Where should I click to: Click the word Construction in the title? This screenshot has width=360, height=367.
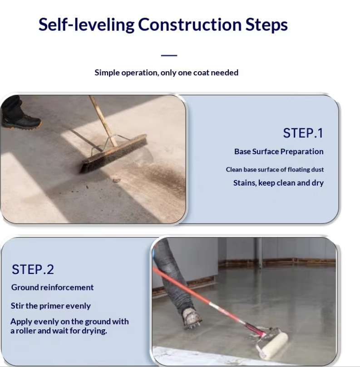[x=190, y=24]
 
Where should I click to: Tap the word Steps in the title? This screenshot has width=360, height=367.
[x=266, y=25]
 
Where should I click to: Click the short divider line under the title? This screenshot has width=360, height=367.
[x=169, y=55]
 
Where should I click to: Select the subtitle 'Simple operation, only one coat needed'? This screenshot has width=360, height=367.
[x=166, y=73]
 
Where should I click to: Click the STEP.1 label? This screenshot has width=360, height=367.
[x=303, y=133]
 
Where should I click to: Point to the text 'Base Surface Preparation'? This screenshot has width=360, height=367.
[x=279, y=152]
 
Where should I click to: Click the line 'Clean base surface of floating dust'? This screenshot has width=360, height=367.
[x=275, y=169]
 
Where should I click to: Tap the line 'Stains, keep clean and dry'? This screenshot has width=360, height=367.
[x=278, y=183]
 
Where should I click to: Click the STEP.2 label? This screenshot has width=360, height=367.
[x=33, y=269]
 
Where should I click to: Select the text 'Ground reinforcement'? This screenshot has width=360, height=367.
[x=52, y=287]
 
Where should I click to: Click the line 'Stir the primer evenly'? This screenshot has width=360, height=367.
[x=50, y=306]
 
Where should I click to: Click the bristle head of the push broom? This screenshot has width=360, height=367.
[x=113, y=154]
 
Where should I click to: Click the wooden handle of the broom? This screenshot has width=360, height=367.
[x=103, y=121]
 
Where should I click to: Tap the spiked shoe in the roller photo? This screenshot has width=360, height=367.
[x=192, y=318]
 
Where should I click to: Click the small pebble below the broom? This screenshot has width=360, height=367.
[x=116, y=180]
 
